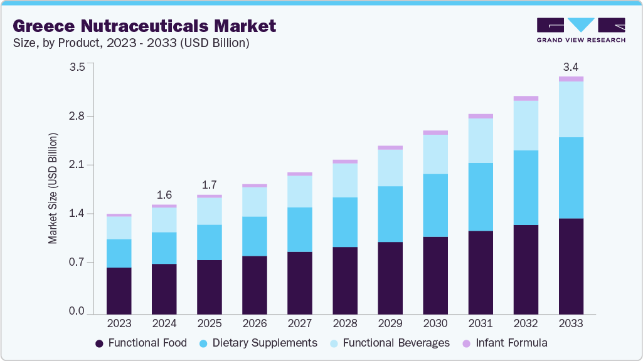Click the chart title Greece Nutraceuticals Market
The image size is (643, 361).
pos(144,26)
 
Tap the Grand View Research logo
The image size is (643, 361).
pos(581,30)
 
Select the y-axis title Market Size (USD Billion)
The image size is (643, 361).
pos(53,188)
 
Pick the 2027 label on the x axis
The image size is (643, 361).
pos(299,324)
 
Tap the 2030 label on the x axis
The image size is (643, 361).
pos(435,324)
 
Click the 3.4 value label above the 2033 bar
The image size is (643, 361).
pos(571,66)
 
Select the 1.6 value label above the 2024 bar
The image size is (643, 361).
pos(164,194)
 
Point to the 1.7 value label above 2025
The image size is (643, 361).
pos(209,185)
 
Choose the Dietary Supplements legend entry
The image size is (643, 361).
pos(258,343)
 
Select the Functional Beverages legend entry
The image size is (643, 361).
pos(389,343)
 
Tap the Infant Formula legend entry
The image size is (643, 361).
pos(505,343)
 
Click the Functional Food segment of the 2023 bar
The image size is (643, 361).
pos(119,291)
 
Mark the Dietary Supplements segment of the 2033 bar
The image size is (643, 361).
pos(571,178)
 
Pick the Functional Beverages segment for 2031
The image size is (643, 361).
pos(481,140)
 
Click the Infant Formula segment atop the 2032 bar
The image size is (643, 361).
pos(526,98)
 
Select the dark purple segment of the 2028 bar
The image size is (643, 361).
pos(344,281)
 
